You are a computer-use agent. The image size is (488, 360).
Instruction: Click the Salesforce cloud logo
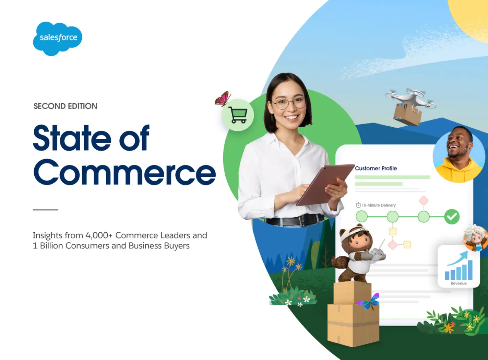click(x=58, y=38)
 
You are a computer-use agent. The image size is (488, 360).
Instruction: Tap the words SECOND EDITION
click(x=66, y=106)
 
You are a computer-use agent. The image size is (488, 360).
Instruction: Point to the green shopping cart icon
click(x=238, y=115)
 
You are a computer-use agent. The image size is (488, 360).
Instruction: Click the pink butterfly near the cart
click(x=223, y=99)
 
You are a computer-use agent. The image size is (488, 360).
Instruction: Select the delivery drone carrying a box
click(x=410, y=107)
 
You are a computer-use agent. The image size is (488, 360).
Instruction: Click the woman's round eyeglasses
click(x=289, y=104)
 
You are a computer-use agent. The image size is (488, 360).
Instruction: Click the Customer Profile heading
click(x=376, y=169)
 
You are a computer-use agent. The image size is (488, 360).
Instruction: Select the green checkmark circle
click(x=452, y=217)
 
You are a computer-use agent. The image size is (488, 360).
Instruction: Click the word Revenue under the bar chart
click(x=459, y=283)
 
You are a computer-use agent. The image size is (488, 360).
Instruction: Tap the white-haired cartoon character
click(x=475, y=238)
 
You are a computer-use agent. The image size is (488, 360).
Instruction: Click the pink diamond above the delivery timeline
click(x=424, y=201)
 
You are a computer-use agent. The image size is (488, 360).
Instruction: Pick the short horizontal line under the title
click(x=46, y=210)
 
